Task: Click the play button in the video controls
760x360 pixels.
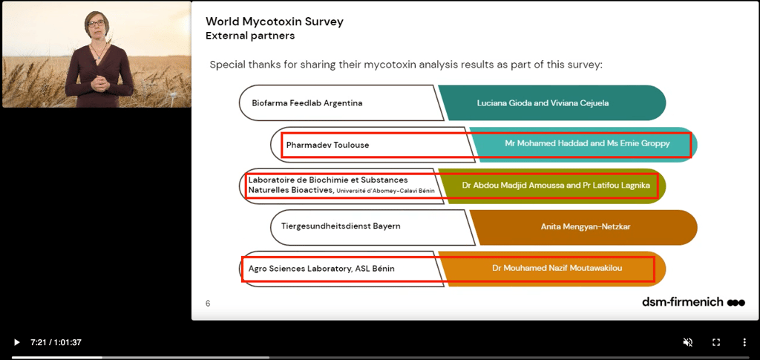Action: [x=16, y=342]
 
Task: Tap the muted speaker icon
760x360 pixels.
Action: [x=688, y=342]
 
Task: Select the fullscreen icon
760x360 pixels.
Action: [x=716, y=342]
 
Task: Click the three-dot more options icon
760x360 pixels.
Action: [x=744, y=342]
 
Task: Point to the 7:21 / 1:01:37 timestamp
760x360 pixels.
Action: [x=56, y=342]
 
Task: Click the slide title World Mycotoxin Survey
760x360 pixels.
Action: [x=275, y=22]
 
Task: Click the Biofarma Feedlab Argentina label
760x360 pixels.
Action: [x=307, y=103]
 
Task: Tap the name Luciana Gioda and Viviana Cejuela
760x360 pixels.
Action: [x=543, y=103]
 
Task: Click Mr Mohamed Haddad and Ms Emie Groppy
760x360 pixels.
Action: [x=587, y=144]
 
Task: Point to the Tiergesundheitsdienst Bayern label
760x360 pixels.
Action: [x=341, y=226]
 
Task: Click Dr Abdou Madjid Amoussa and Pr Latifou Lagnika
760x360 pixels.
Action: [x=556, y=185]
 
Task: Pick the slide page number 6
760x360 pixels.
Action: [x=208, y=304]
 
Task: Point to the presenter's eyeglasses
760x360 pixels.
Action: [x=96, y=23]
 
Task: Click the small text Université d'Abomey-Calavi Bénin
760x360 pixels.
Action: [x=384, y=192]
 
